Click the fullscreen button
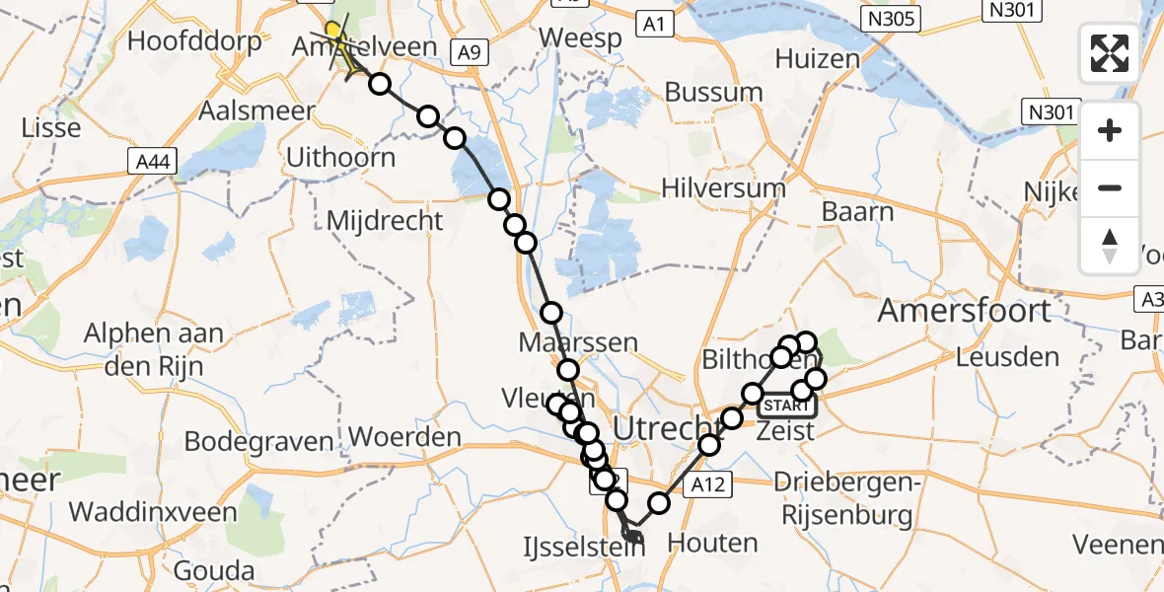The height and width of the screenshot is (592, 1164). tap(1110, 52)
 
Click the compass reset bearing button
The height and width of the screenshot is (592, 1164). tap(1110, 247)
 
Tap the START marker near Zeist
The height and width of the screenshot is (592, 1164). tap(785, 405)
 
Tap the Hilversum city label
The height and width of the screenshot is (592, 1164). tap(724, 188)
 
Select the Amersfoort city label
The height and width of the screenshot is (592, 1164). tap(964, 311)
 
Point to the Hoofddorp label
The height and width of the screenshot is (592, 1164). tap(194, 41)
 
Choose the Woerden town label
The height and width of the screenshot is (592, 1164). tap(404, 437)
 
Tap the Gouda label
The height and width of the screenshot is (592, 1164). tap(213, 571)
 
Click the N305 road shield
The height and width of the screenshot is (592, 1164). tap(889, 19)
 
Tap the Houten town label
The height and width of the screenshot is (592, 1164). tap(712, 542)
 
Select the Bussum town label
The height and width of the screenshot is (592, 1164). tap(714, 93)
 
